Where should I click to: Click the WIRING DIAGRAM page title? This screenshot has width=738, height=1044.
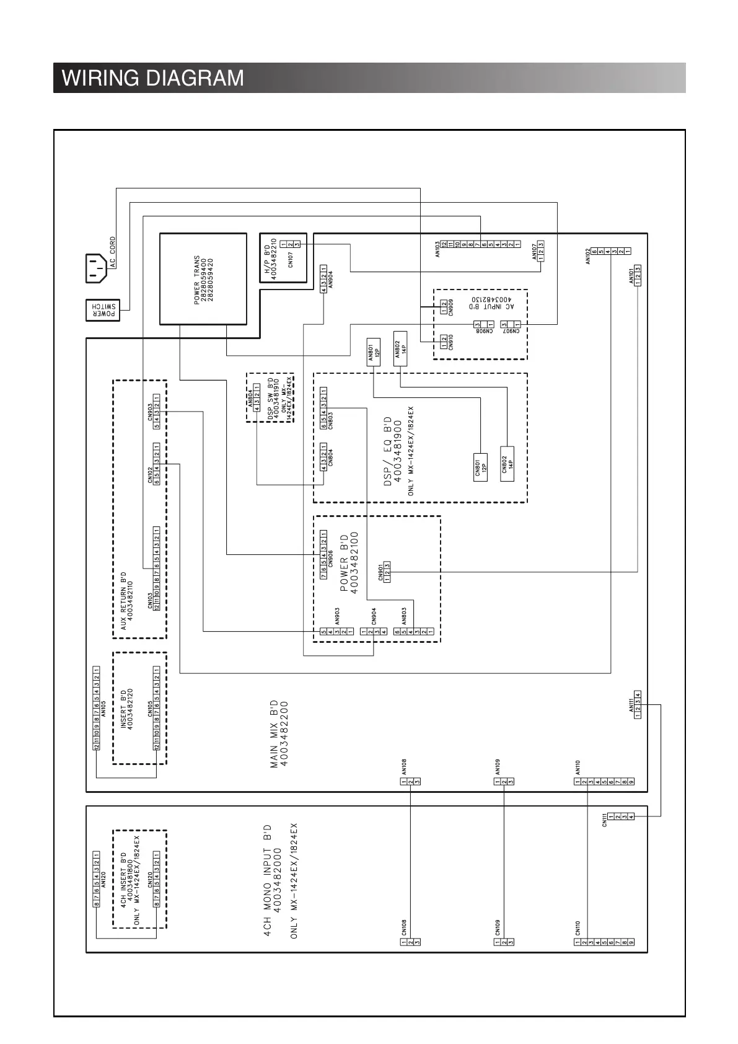coord(153,79)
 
